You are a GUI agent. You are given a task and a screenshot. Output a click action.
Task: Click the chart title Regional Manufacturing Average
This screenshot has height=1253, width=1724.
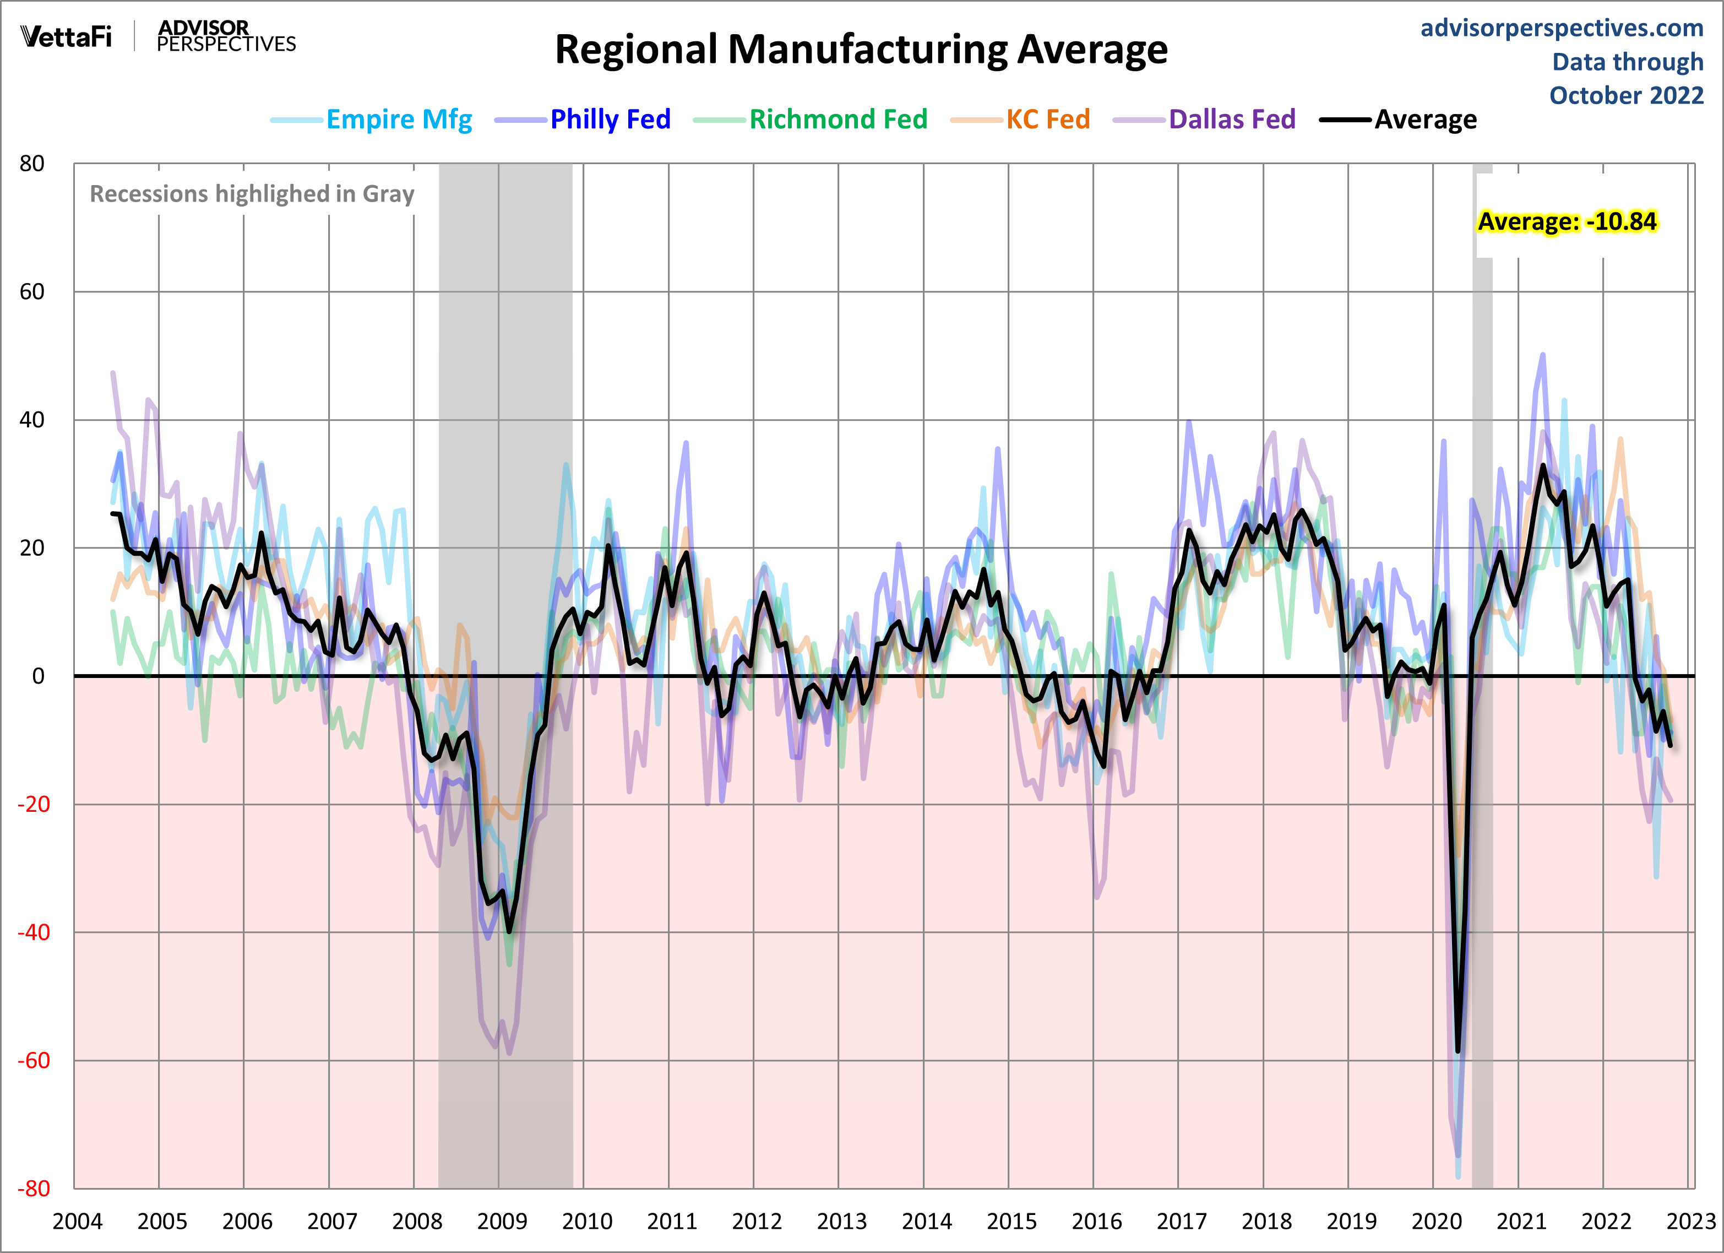[861, 50]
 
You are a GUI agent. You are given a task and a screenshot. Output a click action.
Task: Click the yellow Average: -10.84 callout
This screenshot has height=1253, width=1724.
[1566, 221]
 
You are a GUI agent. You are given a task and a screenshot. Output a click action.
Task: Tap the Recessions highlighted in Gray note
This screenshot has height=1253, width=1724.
[252, 194]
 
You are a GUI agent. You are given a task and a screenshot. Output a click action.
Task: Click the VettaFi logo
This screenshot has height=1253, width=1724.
[66, 36]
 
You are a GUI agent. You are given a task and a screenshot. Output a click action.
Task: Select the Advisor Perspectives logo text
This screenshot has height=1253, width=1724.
[226, 36]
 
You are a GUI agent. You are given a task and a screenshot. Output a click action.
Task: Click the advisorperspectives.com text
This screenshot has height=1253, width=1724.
[1562, 28]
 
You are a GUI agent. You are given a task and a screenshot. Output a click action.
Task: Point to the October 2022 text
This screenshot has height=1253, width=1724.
[1626, 96]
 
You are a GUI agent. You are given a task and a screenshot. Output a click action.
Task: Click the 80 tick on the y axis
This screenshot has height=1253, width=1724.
[32, 164]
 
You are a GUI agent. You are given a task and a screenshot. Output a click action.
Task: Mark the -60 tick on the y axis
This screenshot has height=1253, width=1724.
[34, 1061]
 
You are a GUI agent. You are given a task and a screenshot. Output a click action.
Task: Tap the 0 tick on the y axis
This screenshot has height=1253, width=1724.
[38, 676]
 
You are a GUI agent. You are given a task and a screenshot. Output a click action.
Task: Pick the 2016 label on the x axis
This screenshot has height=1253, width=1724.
[1096, 1222]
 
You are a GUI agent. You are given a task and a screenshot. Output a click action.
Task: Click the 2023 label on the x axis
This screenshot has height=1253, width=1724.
[1690, 1222]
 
